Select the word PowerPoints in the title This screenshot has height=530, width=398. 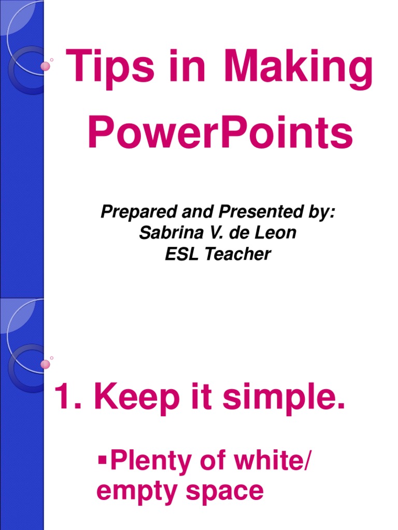(220, 134)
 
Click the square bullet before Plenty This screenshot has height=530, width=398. (102, 458)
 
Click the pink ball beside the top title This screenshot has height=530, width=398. (46, 66)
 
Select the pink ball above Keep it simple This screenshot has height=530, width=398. (46, 364)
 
